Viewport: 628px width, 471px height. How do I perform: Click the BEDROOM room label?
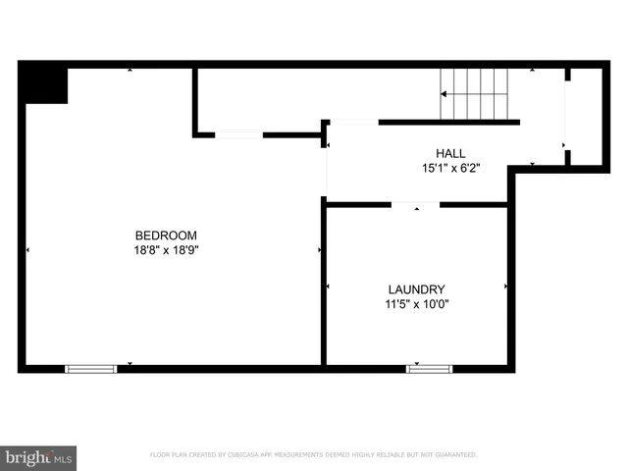point(166,235)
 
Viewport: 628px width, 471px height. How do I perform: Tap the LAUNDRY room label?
point(416,289)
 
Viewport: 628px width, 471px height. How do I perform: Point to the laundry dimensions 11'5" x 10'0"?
point(416,304)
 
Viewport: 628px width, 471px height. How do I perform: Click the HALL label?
point(450,153)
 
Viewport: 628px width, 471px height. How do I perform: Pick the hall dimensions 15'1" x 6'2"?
point(450,168)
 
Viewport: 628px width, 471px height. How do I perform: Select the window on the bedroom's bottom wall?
point(90,369)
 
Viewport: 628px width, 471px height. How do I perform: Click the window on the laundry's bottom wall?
point(429,369)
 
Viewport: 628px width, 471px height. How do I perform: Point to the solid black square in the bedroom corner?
point(45,84)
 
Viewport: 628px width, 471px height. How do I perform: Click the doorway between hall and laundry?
point(415,204)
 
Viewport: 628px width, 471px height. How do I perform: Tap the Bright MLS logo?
point(37,456)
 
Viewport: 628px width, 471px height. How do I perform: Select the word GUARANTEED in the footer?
point(452,455)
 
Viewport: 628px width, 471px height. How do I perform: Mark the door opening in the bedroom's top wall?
point(238,134)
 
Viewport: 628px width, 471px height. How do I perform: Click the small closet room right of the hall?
point(585,116)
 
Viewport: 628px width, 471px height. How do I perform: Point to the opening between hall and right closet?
point(566,116)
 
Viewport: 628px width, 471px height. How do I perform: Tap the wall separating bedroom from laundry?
point(323,285)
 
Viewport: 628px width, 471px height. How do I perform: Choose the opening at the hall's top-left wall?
point(353,122)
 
